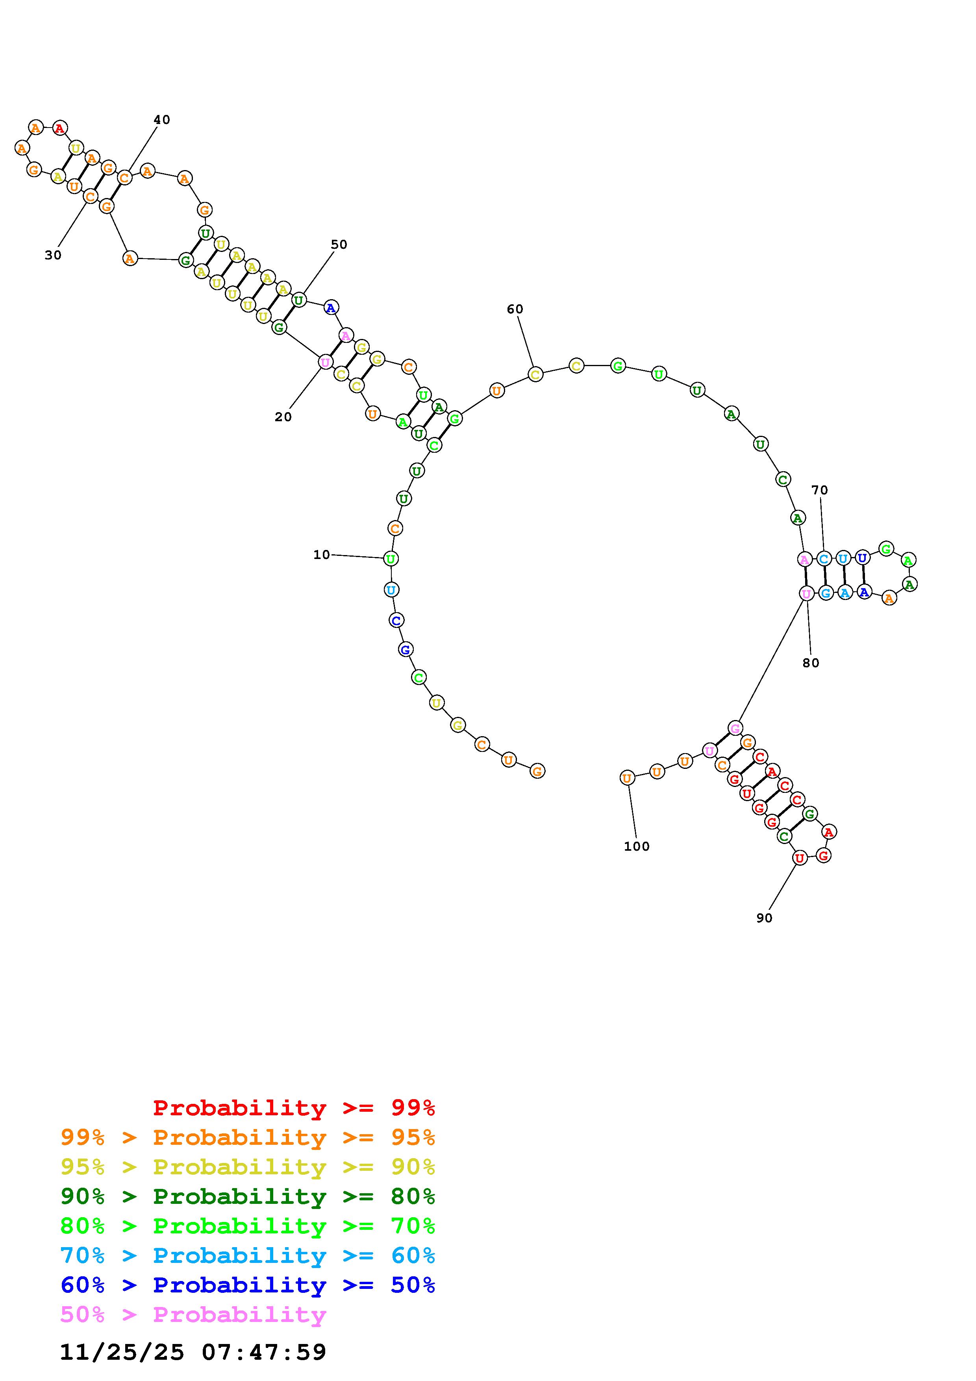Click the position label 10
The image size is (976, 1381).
point(322,555)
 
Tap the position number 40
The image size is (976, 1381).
point(162,120)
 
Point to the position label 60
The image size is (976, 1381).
point(515,309)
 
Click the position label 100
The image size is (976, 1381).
point(637,846)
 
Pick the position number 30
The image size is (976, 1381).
point(53,255)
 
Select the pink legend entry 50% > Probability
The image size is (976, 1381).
point(193,1314)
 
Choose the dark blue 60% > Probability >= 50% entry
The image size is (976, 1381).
point(248,1285)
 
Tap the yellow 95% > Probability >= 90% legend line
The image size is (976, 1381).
point(248,1167)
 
